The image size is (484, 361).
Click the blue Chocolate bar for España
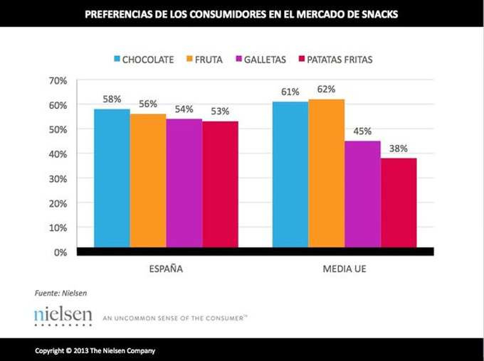click(x=112, y=178)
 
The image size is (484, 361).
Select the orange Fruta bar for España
click(x=148, y=180)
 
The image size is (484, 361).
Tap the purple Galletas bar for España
click(x=184, y=183)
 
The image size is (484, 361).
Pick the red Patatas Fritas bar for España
click(x=220, y=184)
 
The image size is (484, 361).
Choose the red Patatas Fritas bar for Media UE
click(x=399, y=203)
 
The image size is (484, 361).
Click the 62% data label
click(x=327, y=90)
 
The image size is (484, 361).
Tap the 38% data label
click(x=399, y=149)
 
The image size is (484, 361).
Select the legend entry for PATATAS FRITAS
click(x=334, y=60)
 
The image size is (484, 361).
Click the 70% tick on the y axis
click(x=58, y=80)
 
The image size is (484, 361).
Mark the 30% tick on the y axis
click(x=58, y=178)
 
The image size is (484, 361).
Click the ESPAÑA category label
click(x=165, y=269)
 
